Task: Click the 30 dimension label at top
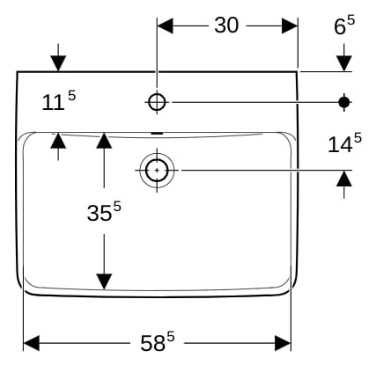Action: pyautogui.click(x=226, y=26)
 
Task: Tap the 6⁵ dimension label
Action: pyautogui.click(x=344, y=26)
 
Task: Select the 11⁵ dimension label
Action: pyautogui.click(x=59, y=100)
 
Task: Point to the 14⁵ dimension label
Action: pyautogui.click(x=344, y=143)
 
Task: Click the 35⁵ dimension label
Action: pyautogui.click(x=104, y=211)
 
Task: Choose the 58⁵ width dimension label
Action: pyautogui.click(x=158, y=342)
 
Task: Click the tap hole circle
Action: pyautogui.click(x=157, y=102)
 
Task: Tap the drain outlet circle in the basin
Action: pyautogui.click(x=157, y=171)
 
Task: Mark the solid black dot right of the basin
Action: pyautogui.click(x=344, y=102)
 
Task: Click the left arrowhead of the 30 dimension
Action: pyautogui.click(x=165, y=26)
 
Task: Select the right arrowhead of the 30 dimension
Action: pyautogui.click(x=290, y=26)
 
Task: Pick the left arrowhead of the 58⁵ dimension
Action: pyautogui.click(x=31, y=343)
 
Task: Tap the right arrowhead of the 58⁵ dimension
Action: pyautogui.click(x=283, y=343)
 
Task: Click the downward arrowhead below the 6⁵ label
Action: pyautogui.click(x=344, y=63)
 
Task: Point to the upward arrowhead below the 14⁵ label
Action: pyautogui.click(x=344, y=179)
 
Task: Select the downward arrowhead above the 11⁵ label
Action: pyautogui.click(x=58, y=63)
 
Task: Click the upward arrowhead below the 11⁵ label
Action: pyautogui.click(x=58, y=141)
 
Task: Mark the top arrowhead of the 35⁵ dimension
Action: pyautogui.click(x=104, y=141)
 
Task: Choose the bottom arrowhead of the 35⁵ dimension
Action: pyautogui.click(x=104, y=281)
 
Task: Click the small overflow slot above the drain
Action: pyautogui.click(x=157, y=134)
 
